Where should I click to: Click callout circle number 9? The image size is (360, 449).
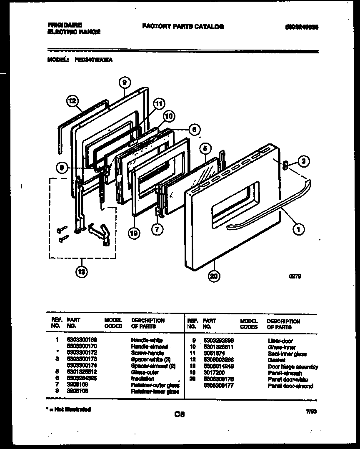[x=124, y=83]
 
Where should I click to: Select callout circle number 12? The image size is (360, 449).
[x=72, y=100]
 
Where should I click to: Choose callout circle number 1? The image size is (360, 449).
[x=299, y=228]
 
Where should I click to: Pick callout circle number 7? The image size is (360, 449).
[x=157, y=228]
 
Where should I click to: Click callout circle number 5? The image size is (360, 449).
[x=205, y=148]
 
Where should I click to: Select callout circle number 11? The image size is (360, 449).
[x=159, y=104]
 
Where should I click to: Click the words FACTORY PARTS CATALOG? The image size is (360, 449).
[x=183, y=27]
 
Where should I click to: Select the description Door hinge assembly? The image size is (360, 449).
[x=292, y=367]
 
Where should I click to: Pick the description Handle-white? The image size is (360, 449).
[x=147, y=341]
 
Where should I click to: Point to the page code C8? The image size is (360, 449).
[x=180, y=414]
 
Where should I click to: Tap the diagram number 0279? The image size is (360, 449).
[x=295, y=276]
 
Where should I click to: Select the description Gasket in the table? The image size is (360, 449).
[x=277, y=360]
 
